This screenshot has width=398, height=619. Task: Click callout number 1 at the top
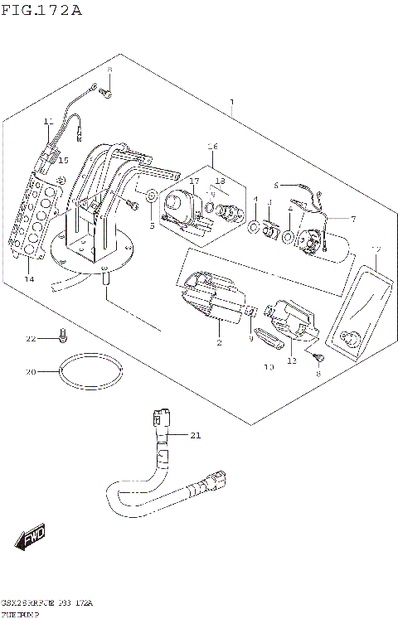(x=232, y=104)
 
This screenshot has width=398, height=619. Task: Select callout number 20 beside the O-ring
(x=32, y=372)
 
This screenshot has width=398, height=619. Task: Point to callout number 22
(x=30, y=339)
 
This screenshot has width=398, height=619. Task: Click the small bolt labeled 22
(x=61, y=336)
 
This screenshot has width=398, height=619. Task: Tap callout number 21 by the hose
(x=195, y=436)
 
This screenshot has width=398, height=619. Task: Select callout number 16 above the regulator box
(x=212, y=147)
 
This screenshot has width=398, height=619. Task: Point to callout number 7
(x=353, y=219)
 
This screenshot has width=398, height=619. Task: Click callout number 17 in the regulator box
(x=193, y=181)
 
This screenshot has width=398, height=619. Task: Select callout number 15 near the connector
(x=63, y=160)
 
